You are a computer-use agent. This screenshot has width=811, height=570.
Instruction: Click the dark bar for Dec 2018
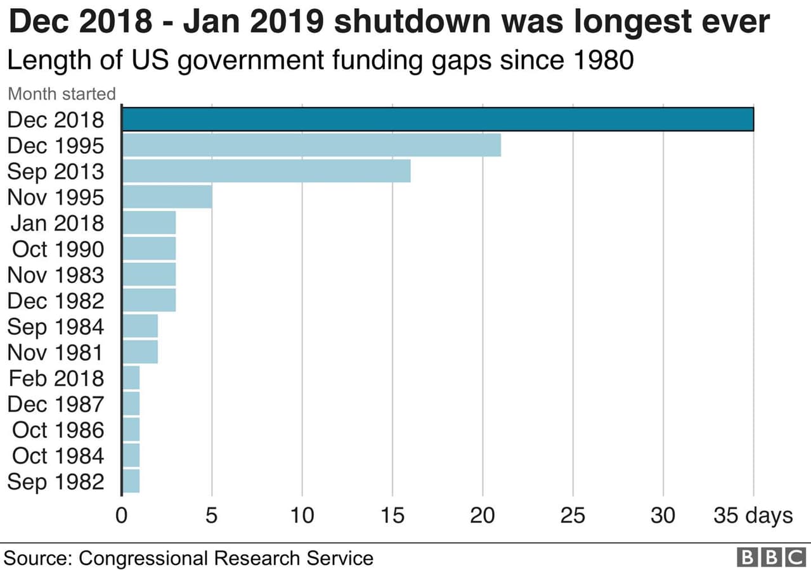(x=438, y=119)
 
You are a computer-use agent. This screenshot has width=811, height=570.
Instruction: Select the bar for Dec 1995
(x=311, y=145)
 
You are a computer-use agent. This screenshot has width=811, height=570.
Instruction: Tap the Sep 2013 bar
(x=266, y=171)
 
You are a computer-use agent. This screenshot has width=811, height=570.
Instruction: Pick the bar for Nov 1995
(x=167, y=197)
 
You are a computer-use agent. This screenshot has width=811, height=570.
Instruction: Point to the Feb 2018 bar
(x=131, y=378)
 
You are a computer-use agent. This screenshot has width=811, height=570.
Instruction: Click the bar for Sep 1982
(x=131, y=481)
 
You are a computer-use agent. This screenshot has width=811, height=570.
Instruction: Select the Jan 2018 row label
(x=56, y=223)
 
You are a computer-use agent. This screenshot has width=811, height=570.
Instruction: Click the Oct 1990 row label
(x=58, y=249)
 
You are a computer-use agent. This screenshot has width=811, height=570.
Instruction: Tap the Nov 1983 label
(x=55, y=275)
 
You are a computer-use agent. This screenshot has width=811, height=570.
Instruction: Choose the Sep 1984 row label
(x=55, y=327)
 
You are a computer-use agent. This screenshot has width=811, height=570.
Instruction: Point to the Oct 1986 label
(x=58, y=430)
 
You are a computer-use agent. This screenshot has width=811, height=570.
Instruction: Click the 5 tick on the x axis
(x=212, y=516)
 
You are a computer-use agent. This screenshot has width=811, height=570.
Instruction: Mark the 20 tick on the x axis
(x=483, y=516)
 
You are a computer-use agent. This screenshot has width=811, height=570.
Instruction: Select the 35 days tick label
(x=753, y=516)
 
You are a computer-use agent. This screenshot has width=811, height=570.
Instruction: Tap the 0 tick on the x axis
(x=122, y=516)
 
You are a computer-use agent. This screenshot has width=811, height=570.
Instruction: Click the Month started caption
(x=62, y=94)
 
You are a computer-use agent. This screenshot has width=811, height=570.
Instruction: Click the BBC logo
(x=771, y=557)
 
